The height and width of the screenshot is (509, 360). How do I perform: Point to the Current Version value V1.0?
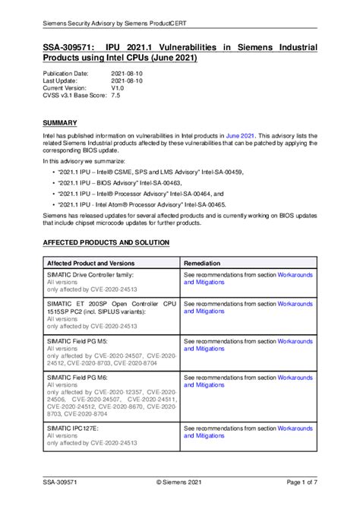[118, 88]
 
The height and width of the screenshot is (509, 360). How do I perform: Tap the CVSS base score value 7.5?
[115, 96]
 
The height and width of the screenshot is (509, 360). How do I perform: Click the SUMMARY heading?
[59, 122]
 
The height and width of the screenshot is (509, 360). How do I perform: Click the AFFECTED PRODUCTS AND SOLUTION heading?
[106, 242]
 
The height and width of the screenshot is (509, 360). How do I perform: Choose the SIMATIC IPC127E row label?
[74, 428]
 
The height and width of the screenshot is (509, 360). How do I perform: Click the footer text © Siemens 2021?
[180, 482]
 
